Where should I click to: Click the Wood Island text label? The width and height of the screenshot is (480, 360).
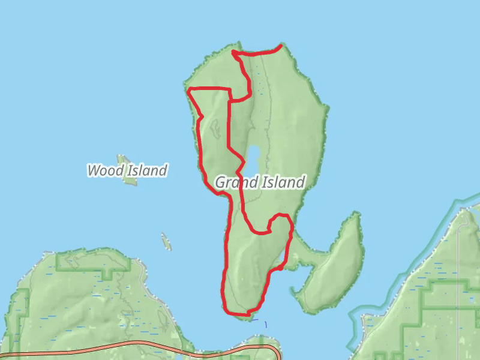(127, 170)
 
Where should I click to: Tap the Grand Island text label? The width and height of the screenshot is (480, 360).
(260, 182)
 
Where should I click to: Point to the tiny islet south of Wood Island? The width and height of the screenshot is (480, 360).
(166, 242)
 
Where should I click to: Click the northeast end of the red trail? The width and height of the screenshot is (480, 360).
(281, 46)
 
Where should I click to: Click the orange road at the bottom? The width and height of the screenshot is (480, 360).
(120, 346)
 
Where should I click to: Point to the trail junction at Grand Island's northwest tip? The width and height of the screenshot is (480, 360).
(235, 53)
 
